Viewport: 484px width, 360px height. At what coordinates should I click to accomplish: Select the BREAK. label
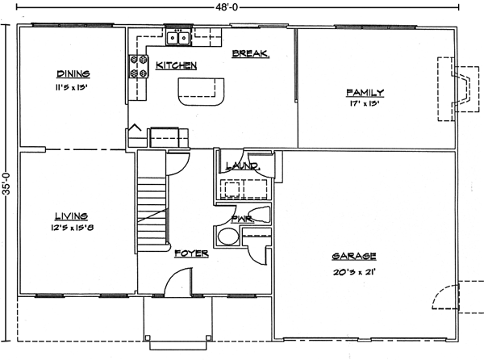click(250, 54)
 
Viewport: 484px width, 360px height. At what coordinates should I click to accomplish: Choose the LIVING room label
click(71, 216)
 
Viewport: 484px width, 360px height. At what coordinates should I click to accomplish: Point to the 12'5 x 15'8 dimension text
click(71, 228)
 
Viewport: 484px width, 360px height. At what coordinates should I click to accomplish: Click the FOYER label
click(192, 253)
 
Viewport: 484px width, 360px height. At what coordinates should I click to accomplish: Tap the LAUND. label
click(241, 166)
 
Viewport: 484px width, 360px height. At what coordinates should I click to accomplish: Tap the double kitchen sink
click(178, 36)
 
